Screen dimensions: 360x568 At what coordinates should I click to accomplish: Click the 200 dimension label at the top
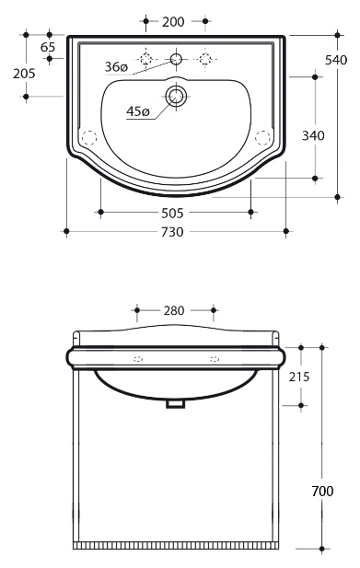[173, 22]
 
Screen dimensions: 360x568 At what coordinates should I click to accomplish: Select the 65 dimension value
[48, 47]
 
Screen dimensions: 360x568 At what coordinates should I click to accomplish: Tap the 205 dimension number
[24, 74]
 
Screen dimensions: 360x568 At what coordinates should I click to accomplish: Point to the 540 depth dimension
[336, 60]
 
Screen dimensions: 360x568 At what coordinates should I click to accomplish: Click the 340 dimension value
[313, 136]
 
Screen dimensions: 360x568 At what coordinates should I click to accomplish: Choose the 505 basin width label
[172, 213]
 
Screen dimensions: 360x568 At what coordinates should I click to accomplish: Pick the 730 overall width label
[172, 231]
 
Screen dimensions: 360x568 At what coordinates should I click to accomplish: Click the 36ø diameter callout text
[116, 66]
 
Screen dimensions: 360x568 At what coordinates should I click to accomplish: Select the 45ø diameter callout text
[138, 111]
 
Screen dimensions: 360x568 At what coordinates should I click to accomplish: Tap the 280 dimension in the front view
[174, 310]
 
